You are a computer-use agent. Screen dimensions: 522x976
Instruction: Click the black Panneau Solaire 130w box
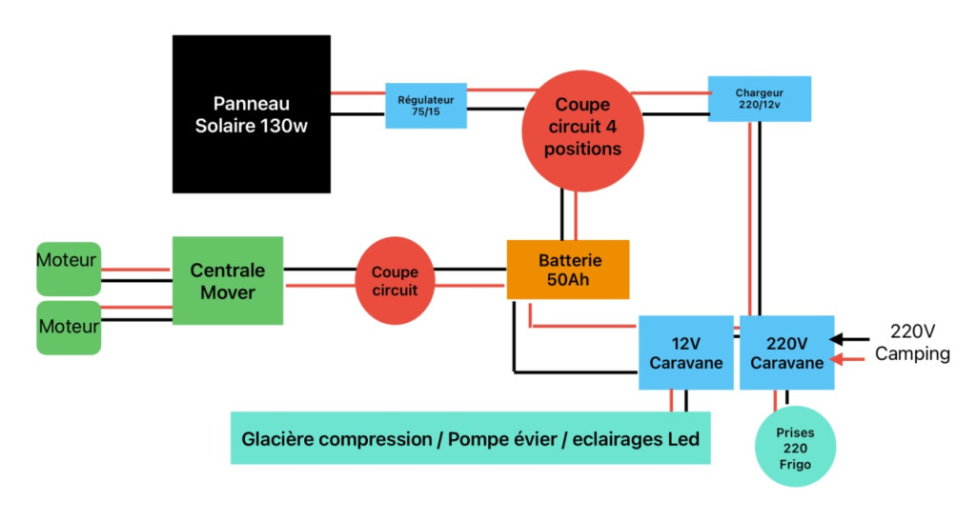[252, 114]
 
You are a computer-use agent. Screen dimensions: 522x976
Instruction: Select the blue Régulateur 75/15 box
[426, 105]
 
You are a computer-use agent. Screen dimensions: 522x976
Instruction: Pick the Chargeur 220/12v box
[760, 99]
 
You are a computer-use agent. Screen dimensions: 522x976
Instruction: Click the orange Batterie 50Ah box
[568, 269]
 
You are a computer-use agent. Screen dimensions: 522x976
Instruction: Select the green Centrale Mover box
[228, 281]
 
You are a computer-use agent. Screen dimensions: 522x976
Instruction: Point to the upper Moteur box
[68, 268]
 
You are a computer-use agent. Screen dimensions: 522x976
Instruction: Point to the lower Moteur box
[69, 328]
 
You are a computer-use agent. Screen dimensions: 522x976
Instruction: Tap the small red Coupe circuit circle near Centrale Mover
[395, 281]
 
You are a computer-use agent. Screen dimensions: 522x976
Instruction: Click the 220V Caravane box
[787, 352]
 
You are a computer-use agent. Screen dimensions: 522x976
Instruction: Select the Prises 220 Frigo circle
[794, 446]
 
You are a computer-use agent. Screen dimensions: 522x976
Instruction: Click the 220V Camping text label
[912, 343]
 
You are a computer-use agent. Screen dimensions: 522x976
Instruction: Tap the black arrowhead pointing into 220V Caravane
[838, 338]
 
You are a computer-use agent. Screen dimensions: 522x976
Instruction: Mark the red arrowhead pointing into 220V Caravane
[838, 360]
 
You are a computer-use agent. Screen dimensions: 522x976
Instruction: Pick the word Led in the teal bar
[683, 439]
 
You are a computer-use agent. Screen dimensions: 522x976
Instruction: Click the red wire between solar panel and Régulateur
[357, 93]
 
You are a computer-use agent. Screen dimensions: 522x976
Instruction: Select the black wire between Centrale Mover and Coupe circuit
[319, 270]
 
